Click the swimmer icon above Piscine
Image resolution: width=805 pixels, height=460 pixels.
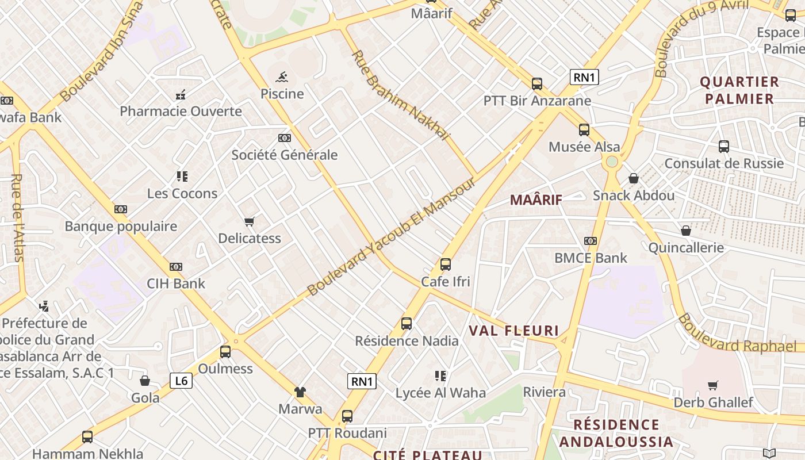pyautogui.click(x=282, y=77)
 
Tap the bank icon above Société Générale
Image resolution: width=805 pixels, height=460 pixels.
pyautogui.click(x=284, y=138)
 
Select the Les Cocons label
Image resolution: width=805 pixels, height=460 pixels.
pyautogui.click(x=182, y=193)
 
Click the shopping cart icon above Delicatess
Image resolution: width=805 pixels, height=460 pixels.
pyautogui.click(x=250, y=221)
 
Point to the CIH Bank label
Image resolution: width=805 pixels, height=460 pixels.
pyautogui.click(x=176, y=283)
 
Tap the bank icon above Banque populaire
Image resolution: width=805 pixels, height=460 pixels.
pyautogui.click(x=121, y=209)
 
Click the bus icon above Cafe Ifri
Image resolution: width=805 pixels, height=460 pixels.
pyautogui.click(x=446, y=264)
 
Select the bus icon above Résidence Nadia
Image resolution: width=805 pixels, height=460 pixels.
pyautogui.click(x=407, y=324)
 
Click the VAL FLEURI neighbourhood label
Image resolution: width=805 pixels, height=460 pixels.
pyautogui.click(x=514, y=331)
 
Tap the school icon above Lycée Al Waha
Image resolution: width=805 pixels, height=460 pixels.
pyautogui.click(x=440, y=376)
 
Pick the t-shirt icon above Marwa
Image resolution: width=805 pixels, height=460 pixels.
pyautogui.click(x=300, y=392)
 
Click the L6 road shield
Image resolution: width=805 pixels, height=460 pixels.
pyautogui.click(x=181, y=381)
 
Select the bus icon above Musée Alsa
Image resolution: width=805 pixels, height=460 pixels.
pyautogui.click(x=584, y=130)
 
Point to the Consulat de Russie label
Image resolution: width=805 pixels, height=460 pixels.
pyautogui.click(x=724, y=163)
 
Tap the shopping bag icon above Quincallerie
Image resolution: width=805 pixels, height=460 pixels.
pyautogui.click(x=685, y=231)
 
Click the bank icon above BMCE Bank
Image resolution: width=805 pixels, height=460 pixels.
pyautogui.click(x=591, y=241)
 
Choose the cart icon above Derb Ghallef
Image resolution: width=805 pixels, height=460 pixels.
pyautogui.click(x=713, y=385)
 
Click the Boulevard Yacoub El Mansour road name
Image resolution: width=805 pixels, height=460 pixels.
pyautogui.click(x=392, y=237)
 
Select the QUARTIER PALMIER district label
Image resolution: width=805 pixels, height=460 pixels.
pyautogui.click(x=739, y=90)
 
